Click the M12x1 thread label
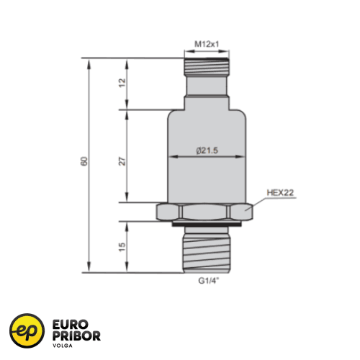[x=207, y=44]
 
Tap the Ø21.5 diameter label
[x=207, y=150]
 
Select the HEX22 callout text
[x=280, y=192]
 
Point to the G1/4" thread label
[x=209, y=281]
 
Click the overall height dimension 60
[x=84, y=161]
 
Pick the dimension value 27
[x=122, y=161]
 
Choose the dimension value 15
[x=122, y=247]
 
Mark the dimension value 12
[x=122, y=83]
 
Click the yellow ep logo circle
[x=27, y=330]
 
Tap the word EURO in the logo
[x=71, y=325]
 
